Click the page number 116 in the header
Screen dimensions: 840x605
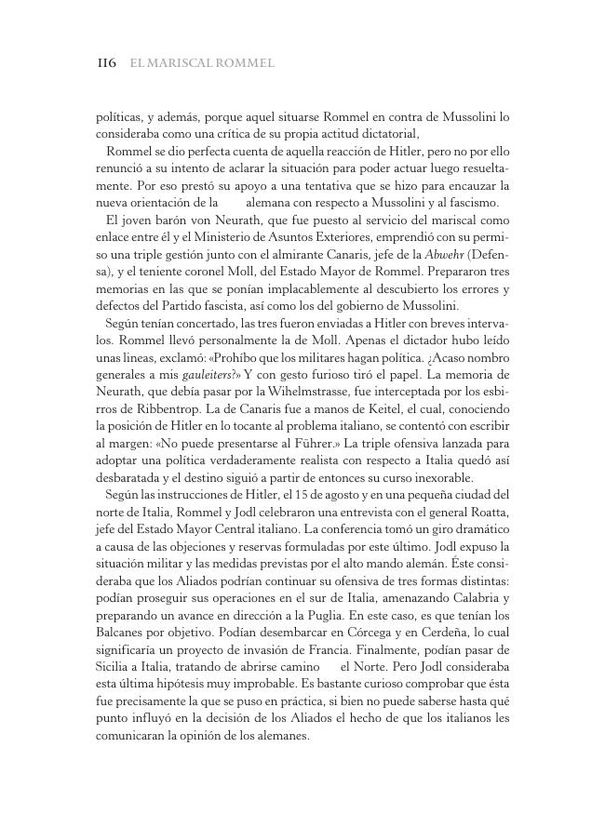pos(106,64)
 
